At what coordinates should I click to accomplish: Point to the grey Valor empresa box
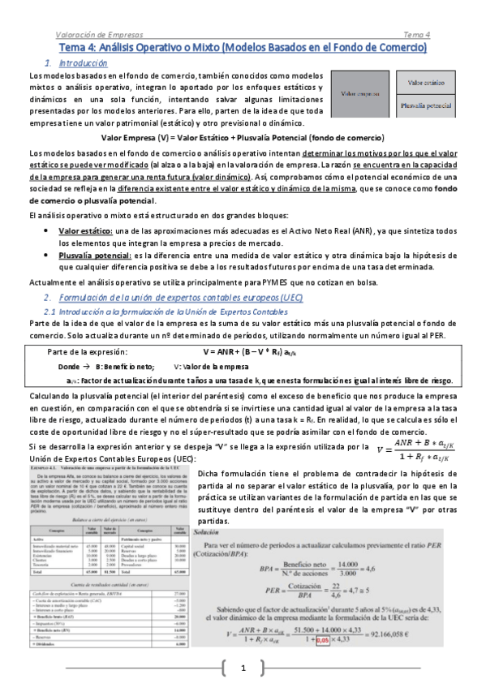pos(361,94)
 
